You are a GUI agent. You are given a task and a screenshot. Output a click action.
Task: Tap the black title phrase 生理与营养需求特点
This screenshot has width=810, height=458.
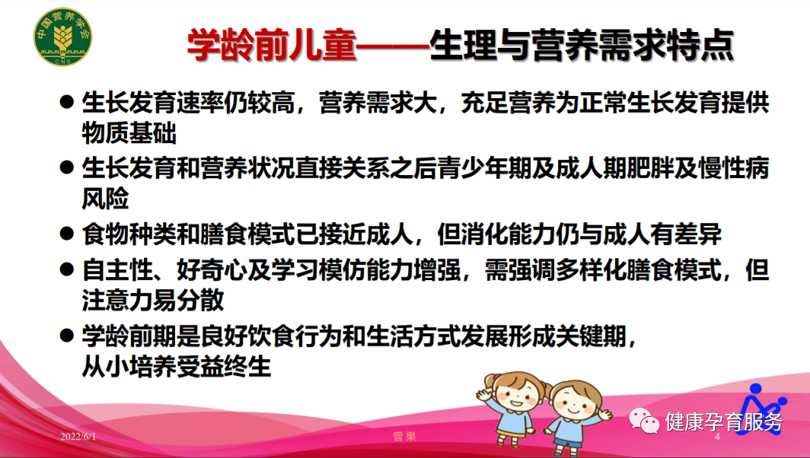(582, 45)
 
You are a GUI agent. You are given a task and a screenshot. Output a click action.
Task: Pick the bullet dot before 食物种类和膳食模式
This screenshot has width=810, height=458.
(67, 234)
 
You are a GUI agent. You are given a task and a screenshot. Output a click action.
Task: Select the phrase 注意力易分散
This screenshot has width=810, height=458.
(153, 299)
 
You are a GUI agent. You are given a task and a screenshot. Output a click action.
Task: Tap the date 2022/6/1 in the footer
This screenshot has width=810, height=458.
(79, 437)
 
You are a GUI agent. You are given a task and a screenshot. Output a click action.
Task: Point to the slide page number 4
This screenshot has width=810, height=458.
(718, 437)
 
